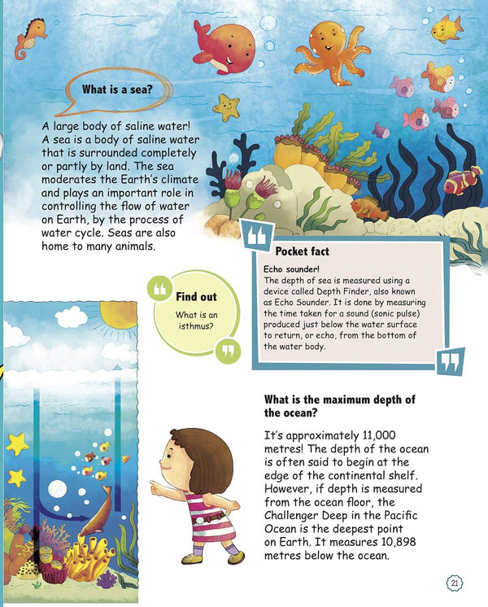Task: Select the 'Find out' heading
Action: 196,297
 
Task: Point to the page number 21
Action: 455,583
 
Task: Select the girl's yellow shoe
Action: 193,558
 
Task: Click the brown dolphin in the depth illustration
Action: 98,509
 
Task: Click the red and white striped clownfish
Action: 462,181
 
